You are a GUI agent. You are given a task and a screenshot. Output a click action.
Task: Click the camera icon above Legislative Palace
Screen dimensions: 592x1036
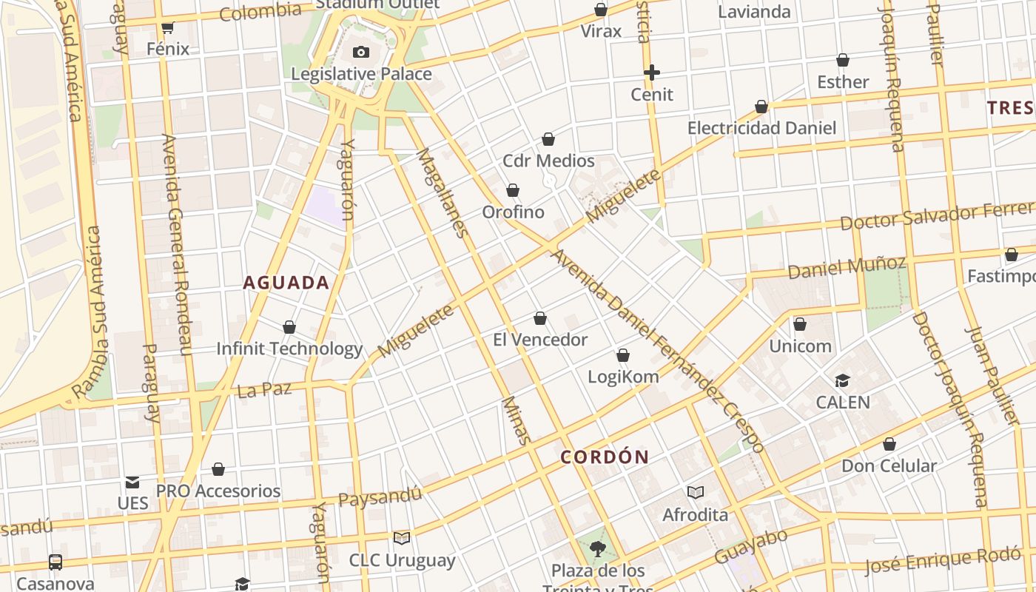[361, 52]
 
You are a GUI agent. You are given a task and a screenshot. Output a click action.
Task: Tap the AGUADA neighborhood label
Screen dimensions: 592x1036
[286, 283]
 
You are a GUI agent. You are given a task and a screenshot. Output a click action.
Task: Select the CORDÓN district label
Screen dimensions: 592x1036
[605, 457]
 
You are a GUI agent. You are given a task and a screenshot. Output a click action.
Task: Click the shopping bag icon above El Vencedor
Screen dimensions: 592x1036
[540, 318]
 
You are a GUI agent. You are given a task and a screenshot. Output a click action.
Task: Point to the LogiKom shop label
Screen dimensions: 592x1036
[623, 377]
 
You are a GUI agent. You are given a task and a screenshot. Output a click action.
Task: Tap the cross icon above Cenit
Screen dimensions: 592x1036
[652, 73]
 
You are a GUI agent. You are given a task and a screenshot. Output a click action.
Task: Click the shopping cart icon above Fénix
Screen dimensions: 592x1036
[167, 28]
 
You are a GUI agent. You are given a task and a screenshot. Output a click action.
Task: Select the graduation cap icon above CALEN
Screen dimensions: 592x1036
[842, 381]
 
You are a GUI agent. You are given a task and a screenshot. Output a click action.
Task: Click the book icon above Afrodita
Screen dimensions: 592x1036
[695, 492]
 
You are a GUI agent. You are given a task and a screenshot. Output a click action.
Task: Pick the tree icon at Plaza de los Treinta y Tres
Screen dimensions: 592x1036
[598, 549]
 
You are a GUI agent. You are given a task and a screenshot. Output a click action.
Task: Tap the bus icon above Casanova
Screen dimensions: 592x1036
[55, 562]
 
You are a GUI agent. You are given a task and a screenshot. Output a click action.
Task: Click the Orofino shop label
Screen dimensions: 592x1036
[513, 212]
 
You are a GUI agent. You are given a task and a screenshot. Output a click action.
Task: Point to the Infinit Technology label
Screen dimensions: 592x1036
[289, 349]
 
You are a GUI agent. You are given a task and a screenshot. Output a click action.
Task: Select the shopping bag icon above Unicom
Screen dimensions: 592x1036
[800, 324]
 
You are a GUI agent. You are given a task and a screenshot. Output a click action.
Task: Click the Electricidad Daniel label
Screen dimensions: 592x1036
[761, 128]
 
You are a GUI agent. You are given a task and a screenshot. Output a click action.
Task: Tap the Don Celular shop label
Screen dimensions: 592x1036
[889, 466]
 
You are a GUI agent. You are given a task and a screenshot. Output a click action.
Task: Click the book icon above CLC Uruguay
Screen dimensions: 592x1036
[402, 538]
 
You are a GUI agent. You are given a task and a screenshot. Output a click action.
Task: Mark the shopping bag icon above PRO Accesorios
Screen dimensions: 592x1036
[218, 469]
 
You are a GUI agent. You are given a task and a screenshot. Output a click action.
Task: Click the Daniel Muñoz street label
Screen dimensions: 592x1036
[847, 267]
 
